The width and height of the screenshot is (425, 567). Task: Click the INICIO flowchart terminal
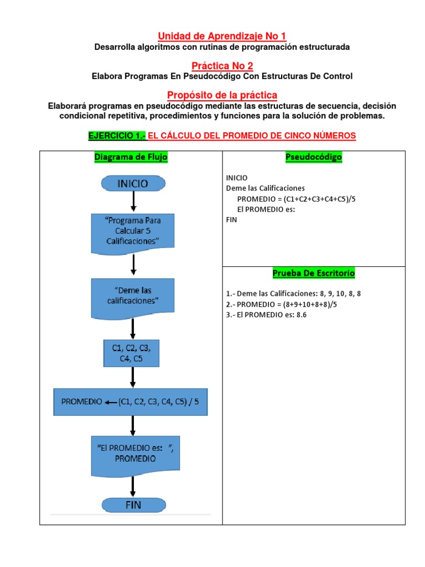pyautogui.click(x=132, y=183)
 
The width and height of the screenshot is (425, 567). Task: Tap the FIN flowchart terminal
pyautogui.click(x=133, y=504)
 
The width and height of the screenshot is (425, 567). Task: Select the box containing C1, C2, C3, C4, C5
pyautogui.click(x=132, y=353)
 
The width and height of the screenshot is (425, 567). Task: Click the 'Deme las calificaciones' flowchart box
pyautogui.click(x=132, y=297)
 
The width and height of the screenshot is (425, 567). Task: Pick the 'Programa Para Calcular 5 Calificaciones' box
pyautogui.click(x=132, y=231)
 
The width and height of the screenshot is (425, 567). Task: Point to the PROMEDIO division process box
pyautogui.click(x=131, y=402)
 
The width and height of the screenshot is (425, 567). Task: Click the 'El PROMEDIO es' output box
pyautogui.click(x=132, y=454)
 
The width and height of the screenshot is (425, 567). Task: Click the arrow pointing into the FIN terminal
pyautogui.click(x=133, y=486)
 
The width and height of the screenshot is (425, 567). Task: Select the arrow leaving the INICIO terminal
pyautogui.click(x=133, y=202)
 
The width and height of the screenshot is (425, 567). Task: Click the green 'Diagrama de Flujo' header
pyautogui.click(x=131, y=157)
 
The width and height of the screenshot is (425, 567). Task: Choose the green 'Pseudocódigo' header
pyautogui.click(x=313, y=157)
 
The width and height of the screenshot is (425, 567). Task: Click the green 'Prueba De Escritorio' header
pyautogui.click(x=314, y=274)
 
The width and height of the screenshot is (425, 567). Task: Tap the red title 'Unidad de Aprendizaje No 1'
pyautogui.click(x=222, y=36)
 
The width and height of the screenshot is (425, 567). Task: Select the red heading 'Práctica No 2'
pyautogui.click(x=222, y=66)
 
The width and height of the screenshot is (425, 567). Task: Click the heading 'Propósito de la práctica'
pyautogui.click(x=222, y=95)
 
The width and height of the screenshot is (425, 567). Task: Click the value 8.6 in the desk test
pyautogui.click(x=301, y=315)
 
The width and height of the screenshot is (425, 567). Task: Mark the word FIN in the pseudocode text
pyautogui.click(x=231, y=219)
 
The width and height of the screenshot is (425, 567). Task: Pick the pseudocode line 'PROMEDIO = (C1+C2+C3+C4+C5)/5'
pyautogui.click(x=296, y=199)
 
